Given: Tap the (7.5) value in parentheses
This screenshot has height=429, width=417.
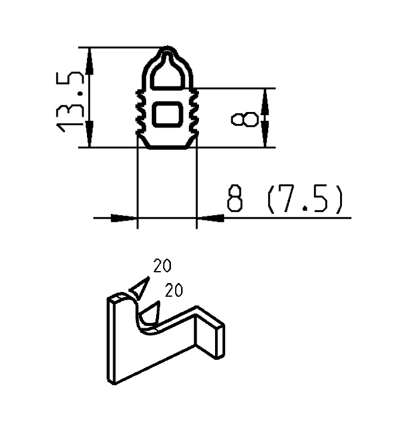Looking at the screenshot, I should click(x=304, y=200).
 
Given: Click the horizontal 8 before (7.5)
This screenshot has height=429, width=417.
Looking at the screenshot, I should click(x=236, y=200).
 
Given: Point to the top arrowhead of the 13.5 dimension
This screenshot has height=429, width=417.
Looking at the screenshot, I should click(x=90, y=56).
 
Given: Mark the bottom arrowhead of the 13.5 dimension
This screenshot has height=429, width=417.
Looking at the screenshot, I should click(x=90, y=138).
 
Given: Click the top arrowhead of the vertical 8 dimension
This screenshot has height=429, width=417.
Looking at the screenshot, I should click(x=266, y=97).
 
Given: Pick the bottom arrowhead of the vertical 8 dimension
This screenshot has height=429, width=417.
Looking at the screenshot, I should click(x=266, y=139).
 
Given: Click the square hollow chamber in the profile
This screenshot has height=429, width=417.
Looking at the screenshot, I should click(x=167, y=113).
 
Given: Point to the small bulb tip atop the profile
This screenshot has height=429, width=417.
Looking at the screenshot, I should click(x=169, y=50).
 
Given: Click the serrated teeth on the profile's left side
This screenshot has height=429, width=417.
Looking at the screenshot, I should click(x=141, y=110).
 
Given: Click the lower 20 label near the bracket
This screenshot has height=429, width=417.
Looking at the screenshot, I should click(x=173, y=290).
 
